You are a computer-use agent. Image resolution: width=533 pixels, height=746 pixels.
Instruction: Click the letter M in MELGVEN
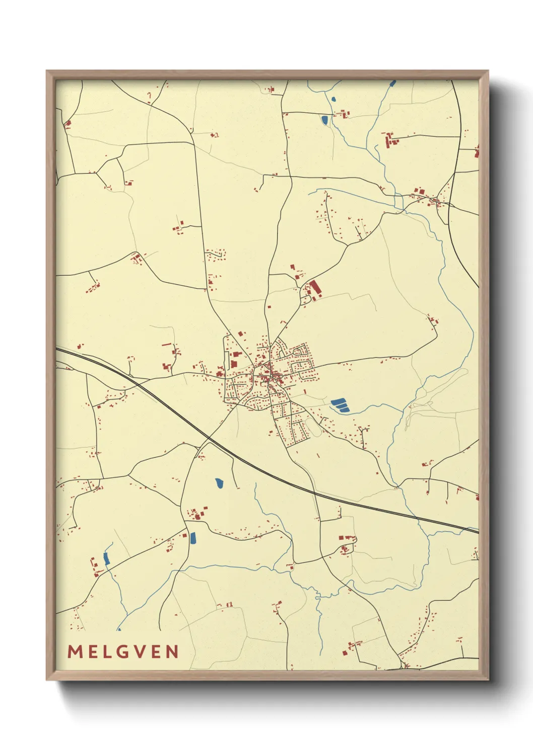click(74, 652)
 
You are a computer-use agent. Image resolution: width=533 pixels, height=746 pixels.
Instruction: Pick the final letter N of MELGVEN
click(173, 652)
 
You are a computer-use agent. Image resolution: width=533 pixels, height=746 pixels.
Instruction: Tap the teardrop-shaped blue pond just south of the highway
click(219, 483)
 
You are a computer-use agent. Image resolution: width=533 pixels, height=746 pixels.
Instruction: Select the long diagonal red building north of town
click(315, 288)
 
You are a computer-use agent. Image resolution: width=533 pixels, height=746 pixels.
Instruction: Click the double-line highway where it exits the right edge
click(477, 530)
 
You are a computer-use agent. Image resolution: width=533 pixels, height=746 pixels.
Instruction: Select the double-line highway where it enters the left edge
click(57, 349)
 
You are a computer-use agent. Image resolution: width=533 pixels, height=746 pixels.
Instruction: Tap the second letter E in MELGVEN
click(156, 652)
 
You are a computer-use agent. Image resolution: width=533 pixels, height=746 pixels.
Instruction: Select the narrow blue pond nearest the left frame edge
click(106, 558)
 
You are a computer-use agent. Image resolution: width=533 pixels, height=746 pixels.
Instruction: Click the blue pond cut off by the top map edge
click(392, 83)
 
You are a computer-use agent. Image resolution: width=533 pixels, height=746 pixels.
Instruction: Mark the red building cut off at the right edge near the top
click(476, 152)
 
